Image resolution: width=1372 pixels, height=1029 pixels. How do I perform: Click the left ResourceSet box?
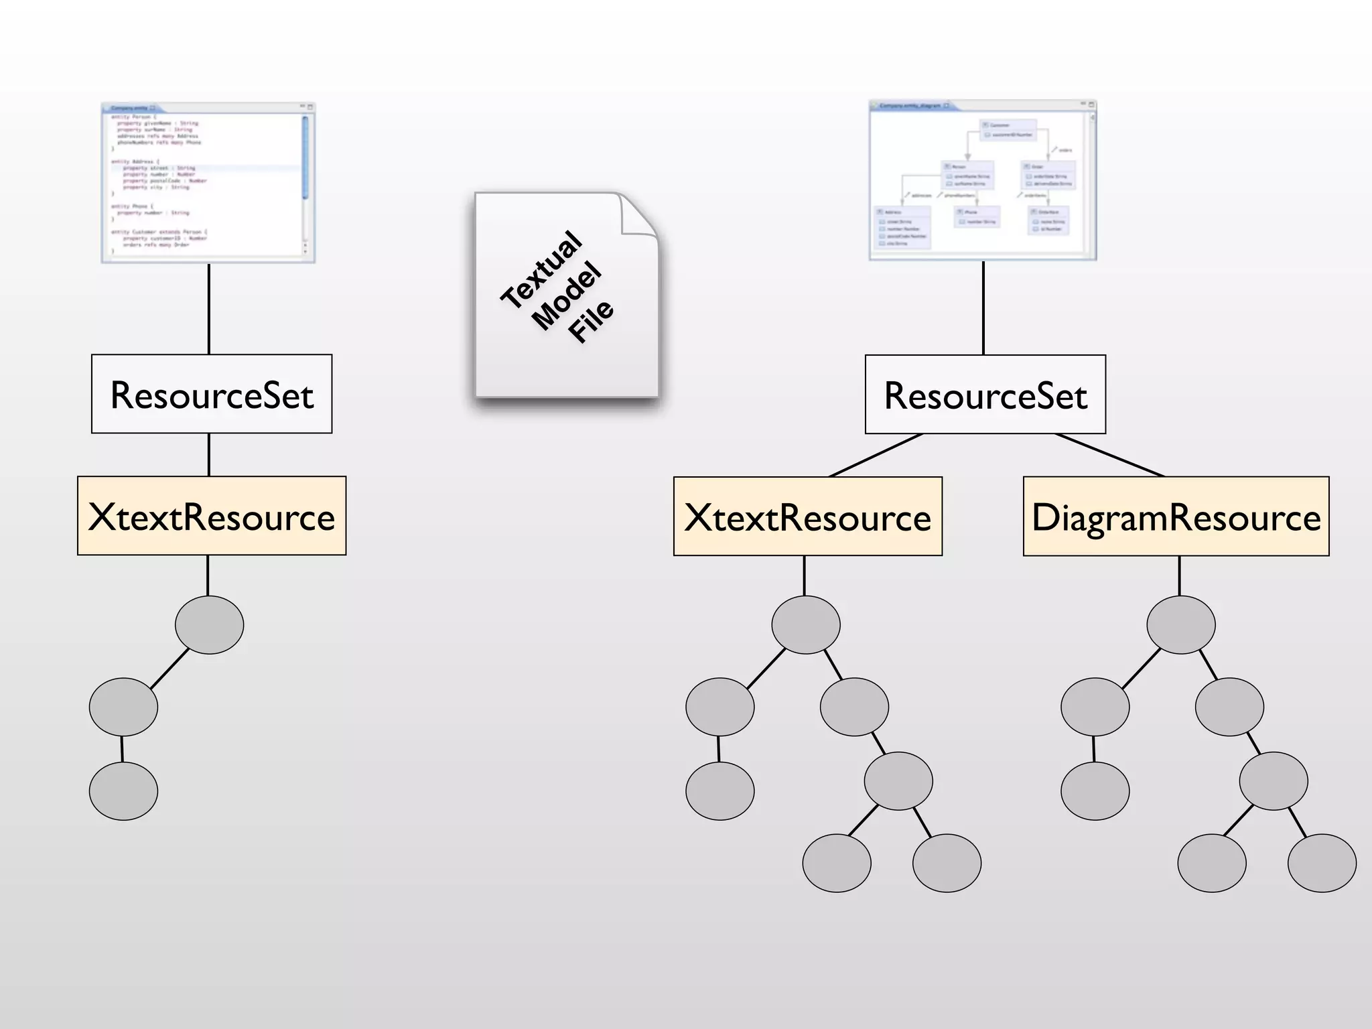[x=212, y=394]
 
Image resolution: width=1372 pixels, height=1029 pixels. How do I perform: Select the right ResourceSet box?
[x=985, y=395]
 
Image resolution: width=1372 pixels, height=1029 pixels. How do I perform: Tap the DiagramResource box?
[x=1176, y=517]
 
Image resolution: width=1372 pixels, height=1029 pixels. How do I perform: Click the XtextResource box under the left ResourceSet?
[x=212, y=516]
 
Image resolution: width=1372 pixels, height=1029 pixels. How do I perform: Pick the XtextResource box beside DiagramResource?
[x=807, y=517]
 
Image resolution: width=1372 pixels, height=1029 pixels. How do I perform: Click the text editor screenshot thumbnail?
[x=208, y=183]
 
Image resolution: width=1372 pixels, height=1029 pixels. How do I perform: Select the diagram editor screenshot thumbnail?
[x=982, y=180]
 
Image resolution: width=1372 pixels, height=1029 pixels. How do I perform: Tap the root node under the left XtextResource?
[x=209, y=624]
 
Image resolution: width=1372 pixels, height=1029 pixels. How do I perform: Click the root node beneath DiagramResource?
[x=1180, y=624]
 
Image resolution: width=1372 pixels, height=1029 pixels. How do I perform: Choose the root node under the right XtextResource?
[x=805, y=624]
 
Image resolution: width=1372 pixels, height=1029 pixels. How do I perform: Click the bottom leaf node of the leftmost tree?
[x=123, y=791]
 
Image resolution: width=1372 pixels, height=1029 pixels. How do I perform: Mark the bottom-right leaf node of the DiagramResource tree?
[x=1321, y=862]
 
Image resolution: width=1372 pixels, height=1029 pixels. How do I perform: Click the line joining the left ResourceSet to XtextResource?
[x=209, y=455]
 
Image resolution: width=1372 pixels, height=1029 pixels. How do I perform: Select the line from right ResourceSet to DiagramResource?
[x=1109, y=455]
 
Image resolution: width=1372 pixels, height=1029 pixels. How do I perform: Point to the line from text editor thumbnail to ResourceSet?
[x=209, y=308]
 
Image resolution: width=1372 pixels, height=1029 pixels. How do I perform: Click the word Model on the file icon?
[x=567, y=295]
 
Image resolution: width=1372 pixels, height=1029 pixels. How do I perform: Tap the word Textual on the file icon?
[x=541, y=269]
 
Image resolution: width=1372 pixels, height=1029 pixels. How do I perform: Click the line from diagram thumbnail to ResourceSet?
[x=983, y=308]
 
